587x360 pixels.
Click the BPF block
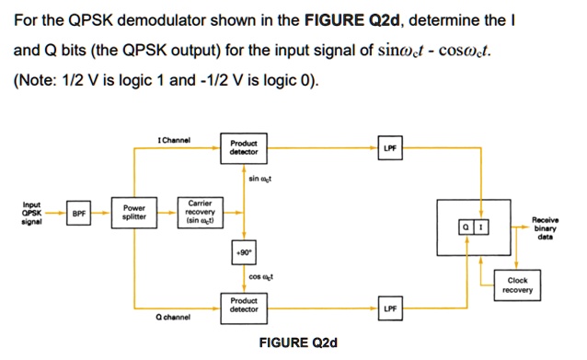tap(80, 213)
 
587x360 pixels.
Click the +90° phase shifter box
tap(244, 251)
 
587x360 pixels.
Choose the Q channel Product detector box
tap(244, 304)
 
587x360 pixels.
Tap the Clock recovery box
tap(516, 285)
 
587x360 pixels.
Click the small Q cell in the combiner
tap(468, 226)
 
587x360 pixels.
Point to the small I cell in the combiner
tap(482, 226)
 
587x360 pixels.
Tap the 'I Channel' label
tap(174, 140)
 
